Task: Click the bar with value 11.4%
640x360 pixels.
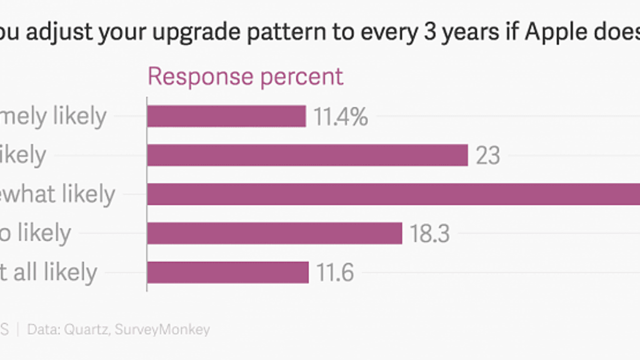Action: pos(226,116)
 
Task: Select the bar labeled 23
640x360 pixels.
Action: pos(307,155)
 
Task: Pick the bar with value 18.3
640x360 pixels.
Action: pos(274,233)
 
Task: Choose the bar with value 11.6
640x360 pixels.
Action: pos(227,272)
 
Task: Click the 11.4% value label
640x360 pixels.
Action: pos(341,117)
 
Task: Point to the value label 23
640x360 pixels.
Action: pos(488,156)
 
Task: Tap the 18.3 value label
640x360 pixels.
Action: pos(430,234)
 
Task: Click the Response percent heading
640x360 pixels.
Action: pos(245,76)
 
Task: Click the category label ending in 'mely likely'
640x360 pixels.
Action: pos(53,116)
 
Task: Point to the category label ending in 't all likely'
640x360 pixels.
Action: pos(49,272)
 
